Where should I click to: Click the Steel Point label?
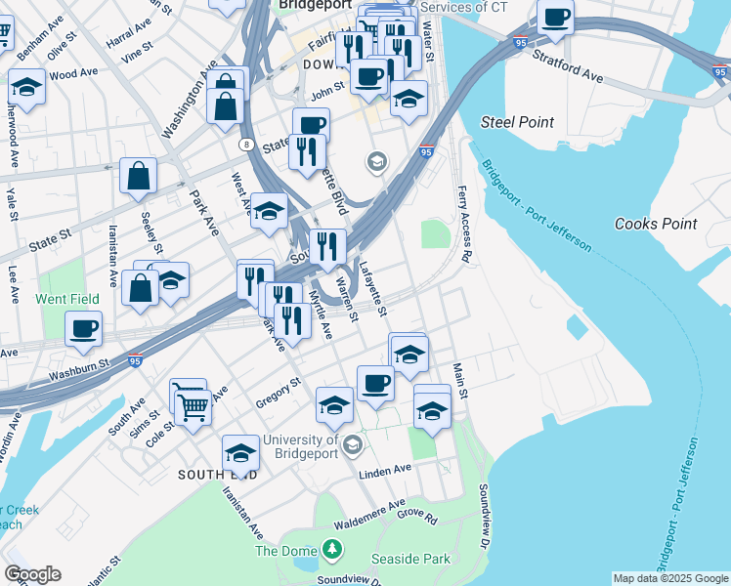point(517,122)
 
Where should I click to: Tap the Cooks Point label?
point(656,224)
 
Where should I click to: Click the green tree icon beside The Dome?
point(333,551)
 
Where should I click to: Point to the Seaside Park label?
point(410,559)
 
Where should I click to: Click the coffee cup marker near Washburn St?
point(83,328)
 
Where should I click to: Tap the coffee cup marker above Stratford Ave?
point(555,17)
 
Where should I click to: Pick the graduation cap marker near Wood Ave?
point(26,88)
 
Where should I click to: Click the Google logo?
point(32,574)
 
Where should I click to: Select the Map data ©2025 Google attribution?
point(669,578)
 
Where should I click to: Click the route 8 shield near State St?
point(246,144)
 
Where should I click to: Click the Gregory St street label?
point(277,391)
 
